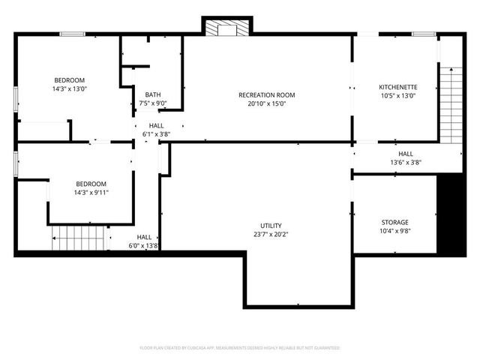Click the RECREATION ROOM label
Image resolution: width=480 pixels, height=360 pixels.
coord(266,95)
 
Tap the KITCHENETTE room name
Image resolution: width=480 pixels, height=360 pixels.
coord(397,87)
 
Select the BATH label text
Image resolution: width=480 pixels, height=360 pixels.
coord(153,95)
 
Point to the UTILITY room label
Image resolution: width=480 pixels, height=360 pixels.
coord(271,226)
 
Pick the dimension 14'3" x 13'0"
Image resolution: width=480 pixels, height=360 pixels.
coord(69,89)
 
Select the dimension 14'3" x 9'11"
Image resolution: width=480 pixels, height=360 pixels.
coord(91,193)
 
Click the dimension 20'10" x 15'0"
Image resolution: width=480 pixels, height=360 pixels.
coord(266,103)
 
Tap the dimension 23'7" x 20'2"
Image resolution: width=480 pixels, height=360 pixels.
coord(271,234)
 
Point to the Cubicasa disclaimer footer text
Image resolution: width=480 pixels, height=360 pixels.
coord(240,348)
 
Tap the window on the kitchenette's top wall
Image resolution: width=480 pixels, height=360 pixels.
coord(424,34)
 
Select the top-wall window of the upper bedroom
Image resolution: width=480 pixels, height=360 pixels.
coord(72,34)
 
